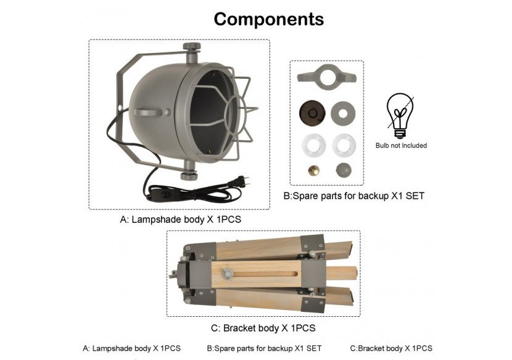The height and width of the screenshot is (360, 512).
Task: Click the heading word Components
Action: (x=268, y=19)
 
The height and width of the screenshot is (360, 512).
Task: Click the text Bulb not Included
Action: (x=401, y=145)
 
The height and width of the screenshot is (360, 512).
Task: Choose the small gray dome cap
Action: (x=342, y=170)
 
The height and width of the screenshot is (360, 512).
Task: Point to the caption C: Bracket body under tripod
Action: (x=263, y=328)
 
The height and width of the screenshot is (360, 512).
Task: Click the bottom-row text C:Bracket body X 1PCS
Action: (x=390, y=348)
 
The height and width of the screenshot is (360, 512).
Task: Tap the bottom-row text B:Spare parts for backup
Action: (x=264, y=348)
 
